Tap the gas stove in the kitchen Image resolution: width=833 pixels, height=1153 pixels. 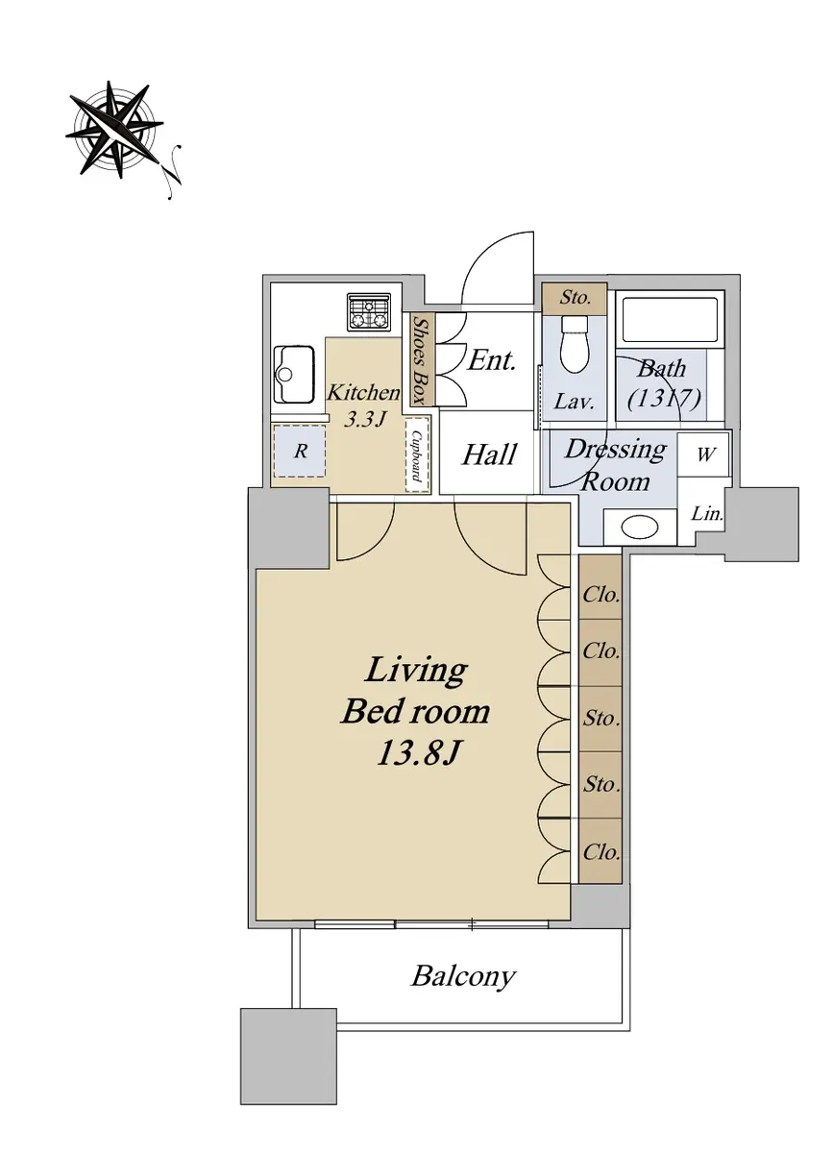coord(369,312)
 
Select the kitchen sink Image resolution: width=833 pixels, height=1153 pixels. coord(294,374)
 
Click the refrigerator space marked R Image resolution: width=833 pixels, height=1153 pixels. coord(300,451)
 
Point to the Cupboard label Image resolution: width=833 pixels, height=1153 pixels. coord(418,455)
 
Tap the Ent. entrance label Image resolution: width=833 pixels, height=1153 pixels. coord(492,360)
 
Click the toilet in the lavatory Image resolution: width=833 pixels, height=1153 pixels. coord(574,344)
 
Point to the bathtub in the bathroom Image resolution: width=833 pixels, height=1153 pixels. coord(670,319)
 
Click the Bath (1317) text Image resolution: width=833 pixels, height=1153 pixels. coord(664,383)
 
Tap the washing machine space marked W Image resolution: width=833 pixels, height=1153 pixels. coord(705,454)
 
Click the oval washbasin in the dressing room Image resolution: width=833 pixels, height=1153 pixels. coord(640,527)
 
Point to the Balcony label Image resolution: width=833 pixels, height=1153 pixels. coord(463,976)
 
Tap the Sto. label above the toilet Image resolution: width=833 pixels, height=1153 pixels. coord(575,298)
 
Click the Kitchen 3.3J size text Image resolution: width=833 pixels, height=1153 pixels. coord(364,406)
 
